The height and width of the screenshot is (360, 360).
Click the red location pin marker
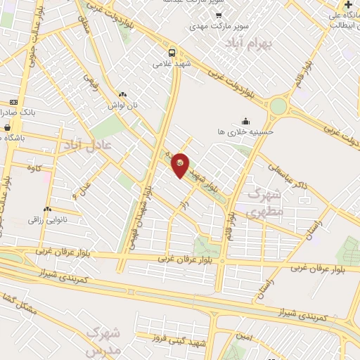coord(181,164)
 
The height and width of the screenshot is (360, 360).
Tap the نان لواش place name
coord(122,105)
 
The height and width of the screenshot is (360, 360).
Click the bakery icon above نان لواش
coord(122,94)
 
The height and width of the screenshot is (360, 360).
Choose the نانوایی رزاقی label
coord(47,220)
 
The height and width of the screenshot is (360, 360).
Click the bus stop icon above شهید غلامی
coord(172,52)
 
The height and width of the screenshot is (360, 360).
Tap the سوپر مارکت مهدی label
coord(218,26)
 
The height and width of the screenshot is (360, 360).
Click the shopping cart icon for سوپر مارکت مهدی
coord(218,15)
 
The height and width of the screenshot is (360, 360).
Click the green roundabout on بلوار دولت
coord(278,106)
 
